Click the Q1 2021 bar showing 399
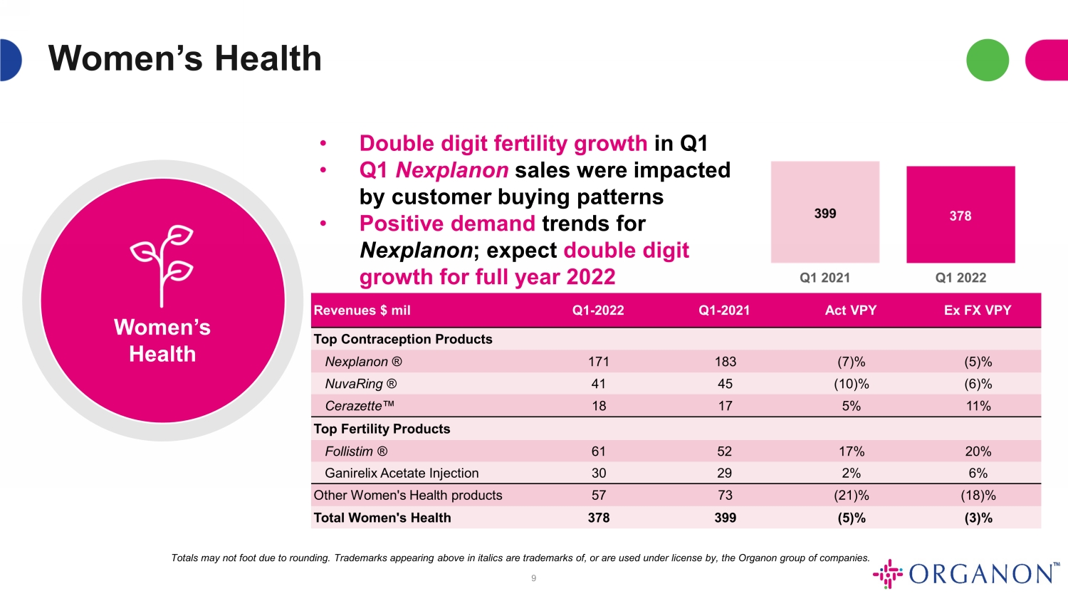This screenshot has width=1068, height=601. [824, 211]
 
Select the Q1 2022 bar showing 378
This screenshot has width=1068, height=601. [960, 214]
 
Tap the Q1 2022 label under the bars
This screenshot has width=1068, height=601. [960, 278]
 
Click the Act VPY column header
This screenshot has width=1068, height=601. [851, 310]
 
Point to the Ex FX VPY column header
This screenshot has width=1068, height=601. [978, 310]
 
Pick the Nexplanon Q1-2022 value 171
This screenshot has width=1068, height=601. [598, 362]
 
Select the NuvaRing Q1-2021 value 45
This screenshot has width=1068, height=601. [725, 384]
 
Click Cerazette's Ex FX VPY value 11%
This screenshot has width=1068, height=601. [978, 406]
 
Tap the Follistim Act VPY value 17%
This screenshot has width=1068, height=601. [851, 451]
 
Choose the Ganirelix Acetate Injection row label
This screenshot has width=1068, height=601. [402, 473]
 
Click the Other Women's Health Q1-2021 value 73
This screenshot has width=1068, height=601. [725, 495]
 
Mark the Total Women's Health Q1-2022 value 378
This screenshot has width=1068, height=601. [598, 518]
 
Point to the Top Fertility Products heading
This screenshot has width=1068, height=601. [382, 429]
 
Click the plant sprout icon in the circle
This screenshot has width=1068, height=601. [162, 265]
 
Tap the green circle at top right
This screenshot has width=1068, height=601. [988, 60]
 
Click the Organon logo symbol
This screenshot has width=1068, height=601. [888, 573]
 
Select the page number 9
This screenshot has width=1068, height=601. [533, 578]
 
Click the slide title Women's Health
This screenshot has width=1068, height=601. [185, 58]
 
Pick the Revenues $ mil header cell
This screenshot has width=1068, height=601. [362, 310]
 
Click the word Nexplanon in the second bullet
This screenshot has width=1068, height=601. [451, 170]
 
